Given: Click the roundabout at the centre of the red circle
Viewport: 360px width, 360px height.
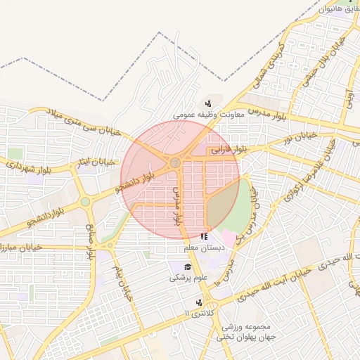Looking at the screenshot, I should point(174,163).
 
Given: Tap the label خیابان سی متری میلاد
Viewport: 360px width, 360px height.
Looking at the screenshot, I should point(85,122).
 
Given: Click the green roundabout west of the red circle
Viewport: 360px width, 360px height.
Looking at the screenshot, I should point(85,202).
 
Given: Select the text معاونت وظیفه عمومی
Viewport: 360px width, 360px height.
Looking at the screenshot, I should point(208,114).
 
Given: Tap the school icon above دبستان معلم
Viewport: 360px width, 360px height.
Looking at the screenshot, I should point(203,237).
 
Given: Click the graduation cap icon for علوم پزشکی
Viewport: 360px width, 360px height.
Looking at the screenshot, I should point(188,266).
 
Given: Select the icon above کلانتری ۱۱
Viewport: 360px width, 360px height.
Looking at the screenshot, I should point(200,302).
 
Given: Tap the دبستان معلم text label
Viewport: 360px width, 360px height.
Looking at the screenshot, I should point(201,247).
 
